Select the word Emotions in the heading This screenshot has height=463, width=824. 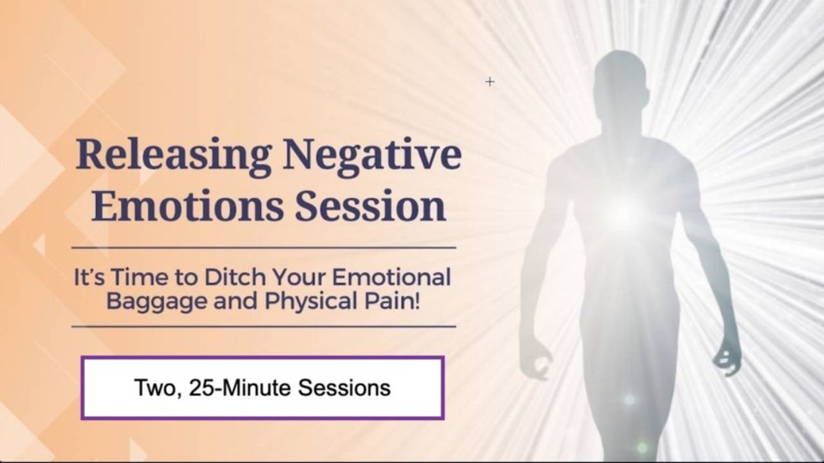(x=187, y=206)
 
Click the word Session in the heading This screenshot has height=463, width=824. (x=371, y=206)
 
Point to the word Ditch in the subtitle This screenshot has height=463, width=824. (x=236, y=277)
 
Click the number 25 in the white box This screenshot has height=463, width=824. (x=200, y=388)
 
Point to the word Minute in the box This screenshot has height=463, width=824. (x=257, y=388)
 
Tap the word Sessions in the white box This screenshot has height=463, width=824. (x=344, y=388)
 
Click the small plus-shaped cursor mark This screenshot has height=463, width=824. (x=490, y=82)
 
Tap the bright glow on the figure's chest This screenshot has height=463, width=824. (x=624, y=215)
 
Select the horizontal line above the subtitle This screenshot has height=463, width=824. (x=264, y=248)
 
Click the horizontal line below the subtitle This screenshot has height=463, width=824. (x=264, y=326)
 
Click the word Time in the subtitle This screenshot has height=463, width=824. (x=140, y=277)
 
